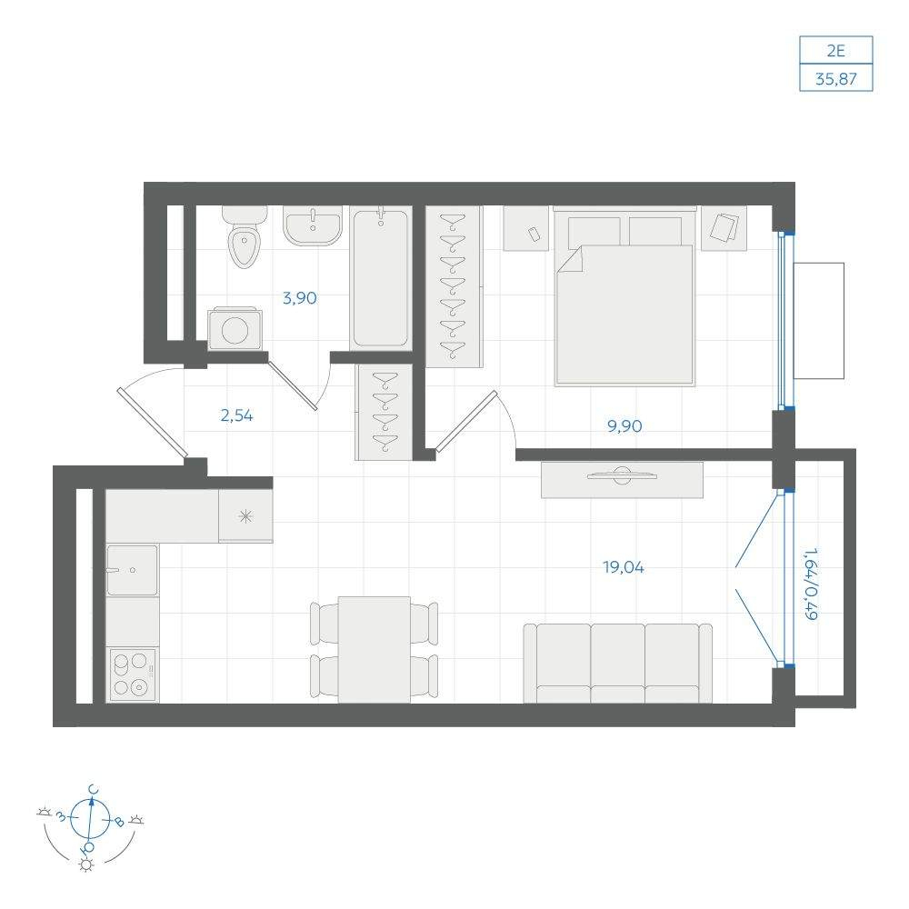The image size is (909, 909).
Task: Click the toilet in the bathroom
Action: point(245,237)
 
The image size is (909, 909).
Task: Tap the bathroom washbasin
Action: point(313,225)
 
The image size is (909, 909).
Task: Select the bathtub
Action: point(380,278)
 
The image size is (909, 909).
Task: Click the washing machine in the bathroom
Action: point(235,329)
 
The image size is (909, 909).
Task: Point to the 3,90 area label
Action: point(300,298)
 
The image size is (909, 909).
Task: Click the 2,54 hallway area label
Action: point(236,415)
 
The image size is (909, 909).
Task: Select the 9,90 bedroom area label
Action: point(624,426)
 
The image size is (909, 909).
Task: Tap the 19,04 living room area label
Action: point(624,567)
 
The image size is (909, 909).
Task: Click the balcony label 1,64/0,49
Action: point(811,584)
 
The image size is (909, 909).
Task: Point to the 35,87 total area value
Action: point(836,78)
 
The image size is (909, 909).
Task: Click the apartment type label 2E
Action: point(836,51)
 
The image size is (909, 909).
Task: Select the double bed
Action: point(624,296)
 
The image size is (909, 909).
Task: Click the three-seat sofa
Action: point(618,664)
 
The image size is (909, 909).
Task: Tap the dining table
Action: point(374,649)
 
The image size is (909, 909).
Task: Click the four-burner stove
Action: point(132,674)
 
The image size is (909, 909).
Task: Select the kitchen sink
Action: point(132,570)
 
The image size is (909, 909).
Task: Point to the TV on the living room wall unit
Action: point(622,476)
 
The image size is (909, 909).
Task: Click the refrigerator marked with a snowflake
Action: point(245,516)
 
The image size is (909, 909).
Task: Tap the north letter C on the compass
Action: point(94,789)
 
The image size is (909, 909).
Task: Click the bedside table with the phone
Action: point(525,228)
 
